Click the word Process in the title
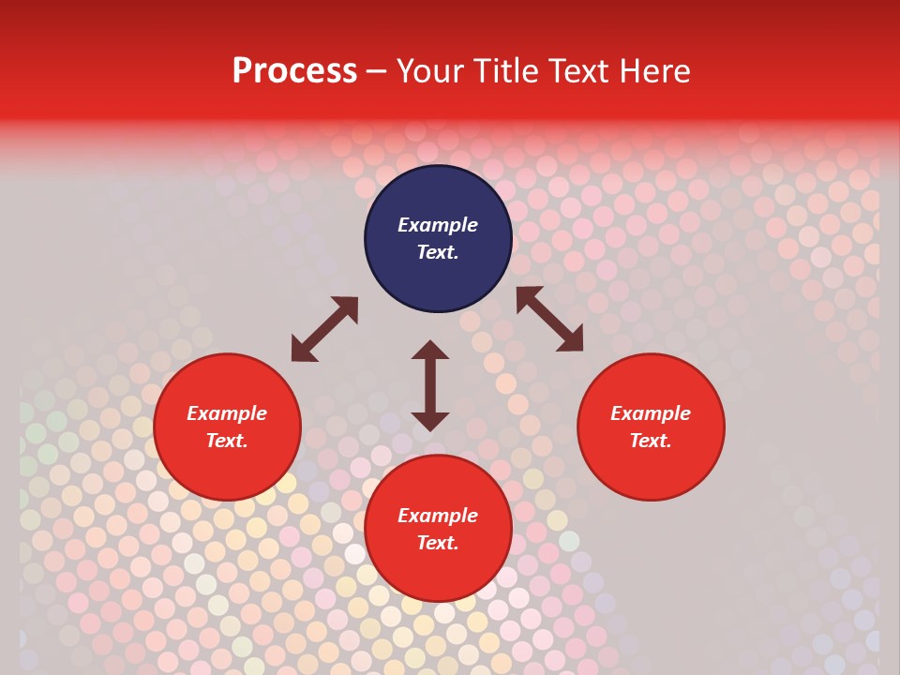[294, 71]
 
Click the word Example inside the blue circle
[438, 225]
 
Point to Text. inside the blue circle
[438, 252]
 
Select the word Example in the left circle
[227, 413]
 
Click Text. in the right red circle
[651, 441]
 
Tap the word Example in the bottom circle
[438, 516]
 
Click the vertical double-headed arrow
[430, 385]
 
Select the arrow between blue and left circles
[324, 329]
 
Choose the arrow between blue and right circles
[549, 319]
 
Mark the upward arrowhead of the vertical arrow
[430, 350]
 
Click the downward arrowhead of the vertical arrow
[430, 421]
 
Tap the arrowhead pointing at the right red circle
[570, 339]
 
